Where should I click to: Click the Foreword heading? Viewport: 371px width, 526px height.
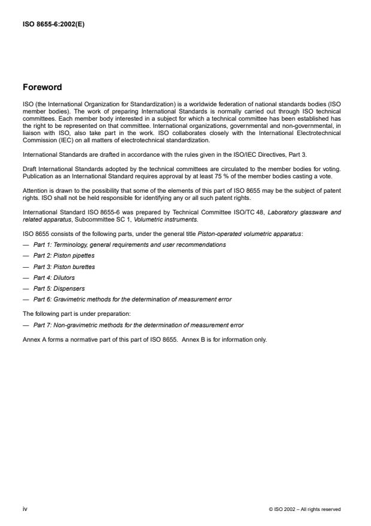click(42, 87)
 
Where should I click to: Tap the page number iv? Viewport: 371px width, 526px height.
click(25, 509)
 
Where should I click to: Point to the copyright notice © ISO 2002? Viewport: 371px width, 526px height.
click(305, 509)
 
